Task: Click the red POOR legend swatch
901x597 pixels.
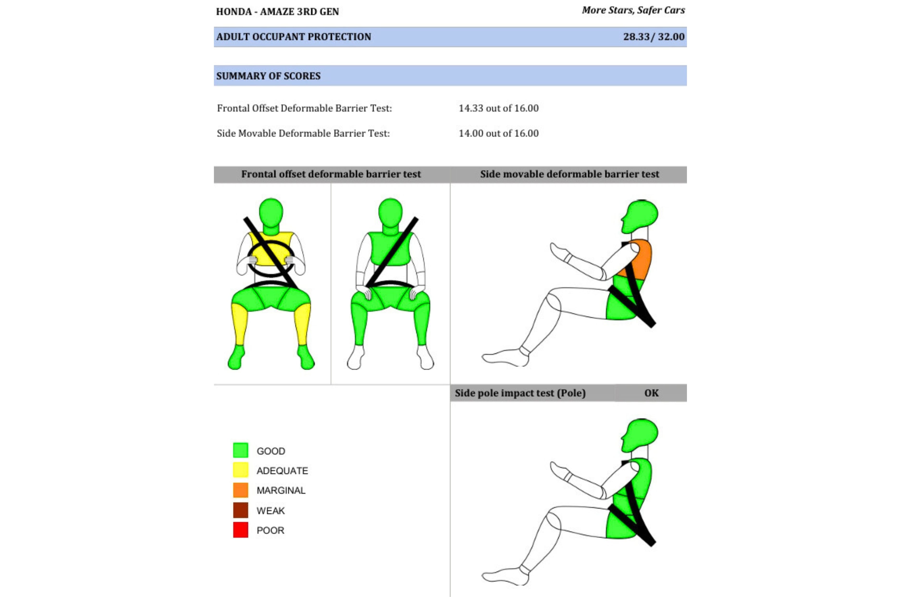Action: pyautogui.click(x=241, y=530)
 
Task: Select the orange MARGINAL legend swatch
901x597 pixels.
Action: pyautogui.click(x=241, y=490)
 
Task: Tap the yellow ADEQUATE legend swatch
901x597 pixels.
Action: pyautogui.click(x=241, y=470)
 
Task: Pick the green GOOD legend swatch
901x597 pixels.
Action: pyautogui.click(x=241, y=450)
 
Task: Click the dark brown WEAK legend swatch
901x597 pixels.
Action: pyautogui.click(x=241, y=510)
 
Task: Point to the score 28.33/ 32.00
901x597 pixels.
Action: pyautogui.click(x=654, y=37)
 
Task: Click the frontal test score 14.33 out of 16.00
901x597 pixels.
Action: pyautogui.click(x=499, y=108)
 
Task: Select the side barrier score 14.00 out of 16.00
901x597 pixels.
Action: pyautogui.click(x=499, y=133)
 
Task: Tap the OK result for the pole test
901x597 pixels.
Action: pyautogui.click(x=651, y=393)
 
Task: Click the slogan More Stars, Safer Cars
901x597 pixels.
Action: pyautogui.click(x=633, y=10)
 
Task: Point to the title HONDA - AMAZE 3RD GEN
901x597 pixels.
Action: pyautogui.click(x=278, y=12)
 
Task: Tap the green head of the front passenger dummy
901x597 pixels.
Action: pyautogui.click(x=390, y=213)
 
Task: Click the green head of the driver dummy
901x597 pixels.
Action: pyautogui.click(x=271, y=213)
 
